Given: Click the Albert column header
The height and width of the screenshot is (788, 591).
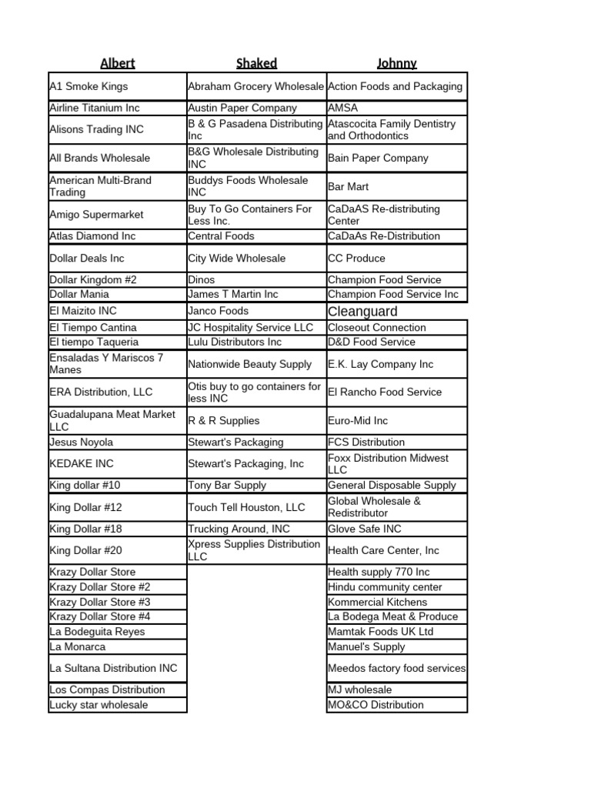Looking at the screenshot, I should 117,63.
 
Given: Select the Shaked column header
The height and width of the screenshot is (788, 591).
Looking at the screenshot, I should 256,63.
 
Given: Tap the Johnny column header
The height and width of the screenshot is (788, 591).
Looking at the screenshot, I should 396,63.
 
